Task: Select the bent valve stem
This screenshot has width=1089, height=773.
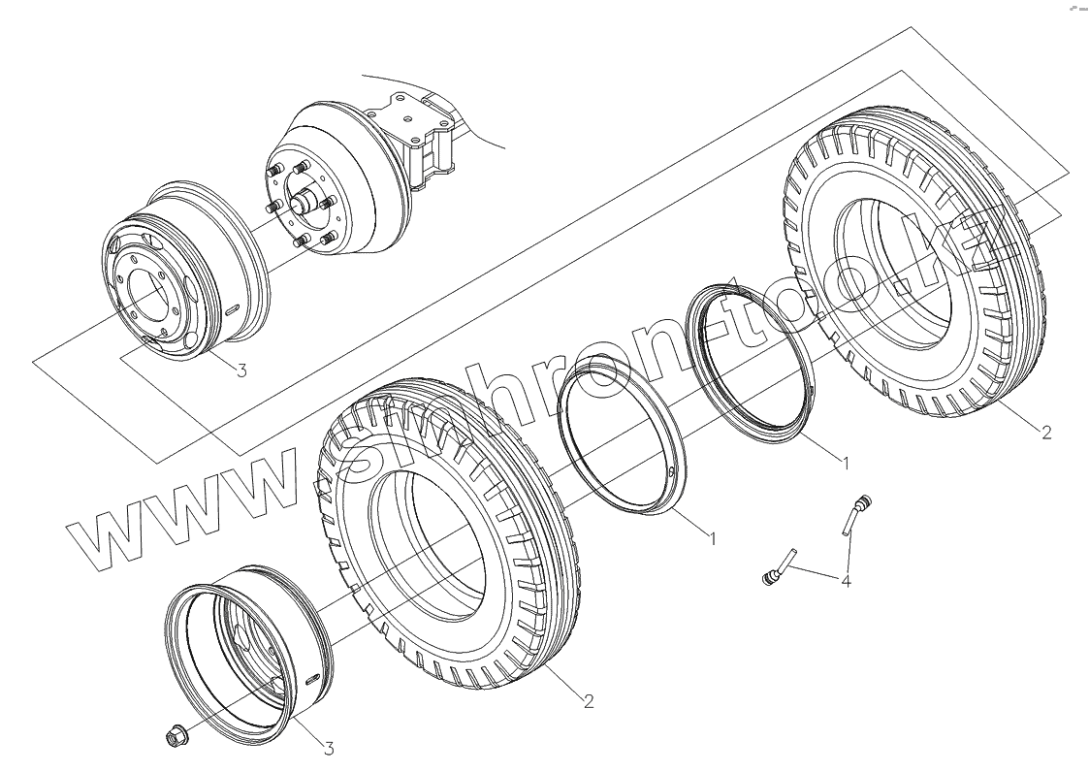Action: point(855,515)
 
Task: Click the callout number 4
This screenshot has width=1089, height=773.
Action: point(846,580)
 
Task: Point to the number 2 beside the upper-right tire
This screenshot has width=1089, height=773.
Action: point(1046,432)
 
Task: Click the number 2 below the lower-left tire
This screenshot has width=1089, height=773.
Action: point(589,701)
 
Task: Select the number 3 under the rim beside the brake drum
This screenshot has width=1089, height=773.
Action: point(241,370)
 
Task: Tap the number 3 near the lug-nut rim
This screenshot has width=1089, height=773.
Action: point(329,749)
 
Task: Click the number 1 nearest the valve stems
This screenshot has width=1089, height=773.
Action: point(845,463)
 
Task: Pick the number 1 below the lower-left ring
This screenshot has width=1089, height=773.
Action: point(711,536)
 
